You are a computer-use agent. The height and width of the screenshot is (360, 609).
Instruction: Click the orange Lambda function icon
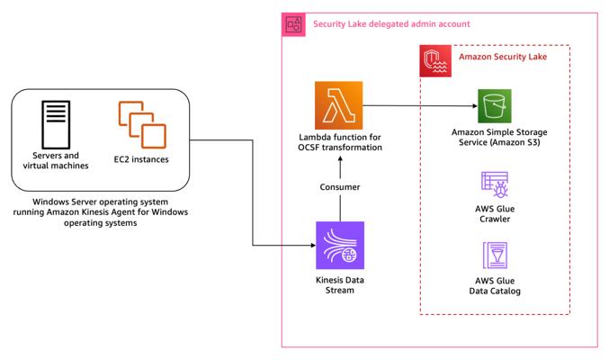tap(338, 105)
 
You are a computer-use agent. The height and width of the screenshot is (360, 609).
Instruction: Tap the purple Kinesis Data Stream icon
tap(340, 246)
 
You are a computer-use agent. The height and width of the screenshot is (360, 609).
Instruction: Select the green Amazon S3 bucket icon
tap(495, 106)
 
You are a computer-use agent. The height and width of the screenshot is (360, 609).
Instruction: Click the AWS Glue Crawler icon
tap(495, 184)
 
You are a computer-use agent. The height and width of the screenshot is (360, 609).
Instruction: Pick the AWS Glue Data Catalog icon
tap(495, 256)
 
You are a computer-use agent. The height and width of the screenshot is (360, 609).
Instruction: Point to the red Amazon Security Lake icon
tap(435, 60)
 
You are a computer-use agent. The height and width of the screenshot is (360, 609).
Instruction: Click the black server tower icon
tap(56, 124)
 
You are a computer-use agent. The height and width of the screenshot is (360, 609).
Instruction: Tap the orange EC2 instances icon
tap(142, 125)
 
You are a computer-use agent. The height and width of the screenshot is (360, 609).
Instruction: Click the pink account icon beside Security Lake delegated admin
tap(293, 24)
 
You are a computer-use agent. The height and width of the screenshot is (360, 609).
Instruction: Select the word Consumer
tap(340, 187)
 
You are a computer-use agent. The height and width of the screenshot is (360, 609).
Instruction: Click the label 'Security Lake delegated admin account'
tap(391, 24)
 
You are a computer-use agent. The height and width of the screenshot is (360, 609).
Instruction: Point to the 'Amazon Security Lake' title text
tap(503, 57)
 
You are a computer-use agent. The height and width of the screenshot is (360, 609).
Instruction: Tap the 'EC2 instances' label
tap(141, 159)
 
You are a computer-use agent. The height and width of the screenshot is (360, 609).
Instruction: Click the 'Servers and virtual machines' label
tap(56, 160)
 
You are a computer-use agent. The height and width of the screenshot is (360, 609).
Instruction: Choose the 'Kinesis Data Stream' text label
tap(340, 285)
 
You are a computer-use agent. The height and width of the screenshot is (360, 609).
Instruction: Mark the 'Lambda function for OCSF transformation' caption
tap(340, 142)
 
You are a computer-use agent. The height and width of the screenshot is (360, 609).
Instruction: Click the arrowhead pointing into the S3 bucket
tap(475, 105)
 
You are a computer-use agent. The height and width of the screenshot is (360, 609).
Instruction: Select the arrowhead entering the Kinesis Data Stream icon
tap(313, 246)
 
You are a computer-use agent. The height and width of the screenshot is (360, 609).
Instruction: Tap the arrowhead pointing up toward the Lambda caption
tap(340, 158)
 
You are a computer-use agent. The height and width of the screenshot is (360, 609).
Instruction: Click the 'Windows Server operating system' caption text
tap(100, 202)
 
